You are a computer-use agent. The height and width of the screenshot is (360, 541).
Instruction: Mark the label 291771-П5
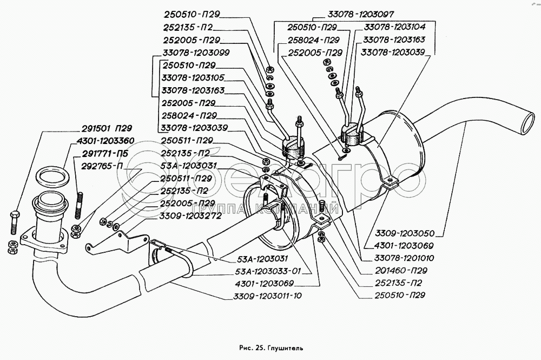107,154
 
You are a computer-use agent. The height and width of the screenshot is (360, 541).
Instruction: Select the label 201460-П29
397,270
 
